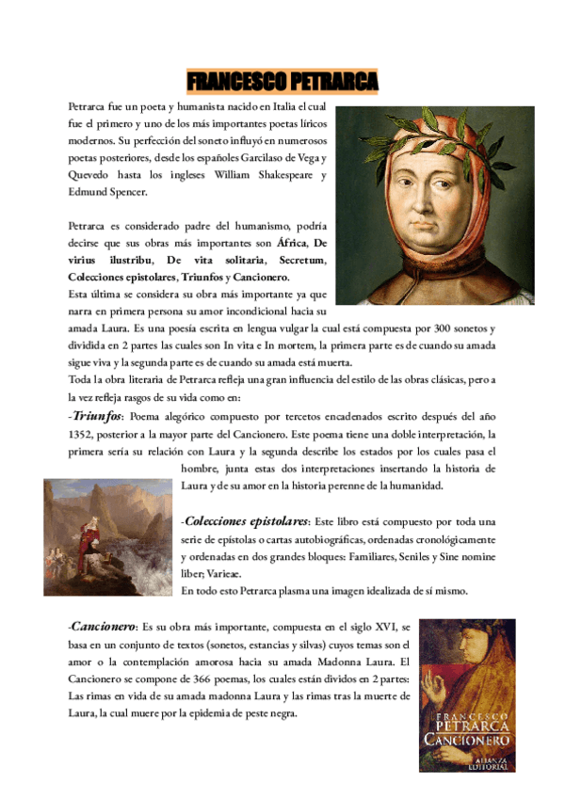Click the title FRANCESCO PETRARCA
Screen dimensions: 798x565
point(282,81)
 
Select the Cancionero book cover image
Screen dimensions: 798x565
point(467,694)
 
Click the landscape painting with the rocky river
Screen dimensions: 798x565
point(107,536)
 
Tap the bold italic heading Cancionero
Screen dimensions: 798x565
point(104,626)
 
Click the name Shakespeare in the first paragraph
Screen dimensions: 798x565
point(286,175)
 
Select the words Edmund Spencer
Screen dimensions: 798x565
point(107,192)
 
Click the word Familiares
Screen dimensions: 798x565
point(347,556)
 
